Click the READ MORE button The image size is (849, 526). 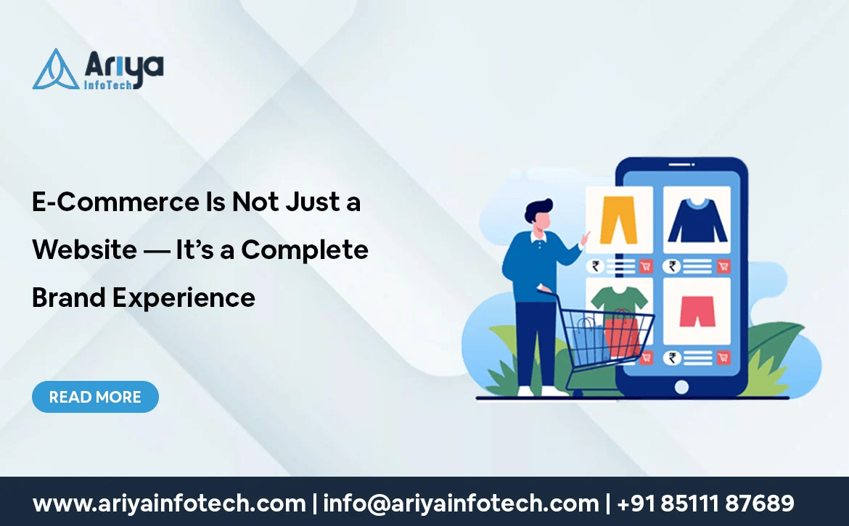(95, 397)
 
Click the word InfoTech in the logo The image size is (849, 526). (107, 85)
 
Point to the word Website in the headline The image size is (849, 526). (84, 250)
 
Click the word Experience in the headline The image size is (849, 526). (184, 298)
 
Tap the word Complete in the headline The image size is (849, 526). (304, 250)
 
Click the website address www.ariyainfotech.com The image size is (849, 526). (169, 504)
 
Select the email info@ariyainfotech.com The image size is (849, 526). (461, 504)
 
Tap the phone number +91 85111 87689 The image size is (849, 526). (705, 504)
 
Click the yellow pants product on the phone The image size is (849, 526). (618, 220)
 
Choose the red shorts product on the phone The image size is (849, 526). (697, 311)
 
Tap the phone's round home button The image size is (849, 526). (681, 387)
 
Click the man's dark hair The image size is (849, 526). (538, 210)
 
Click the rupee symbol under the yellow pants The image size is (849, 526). (596, 266)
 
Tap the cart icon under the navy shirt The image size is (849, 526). (723, 266)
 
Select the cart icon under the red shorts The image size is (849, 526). (723, 357)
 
